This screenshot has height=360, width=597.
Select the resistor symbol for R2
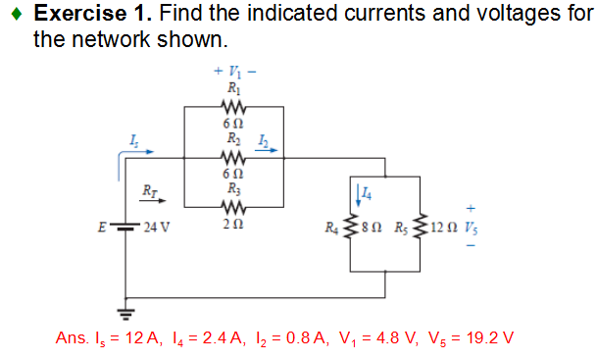232,158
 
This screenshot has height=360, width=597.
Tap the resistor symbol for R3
232,207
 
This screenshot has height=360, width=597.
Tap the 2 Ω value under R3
232,224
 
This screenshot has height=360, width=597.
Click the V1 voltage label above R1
232,72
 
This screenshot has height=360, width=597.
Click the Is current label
133,145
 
